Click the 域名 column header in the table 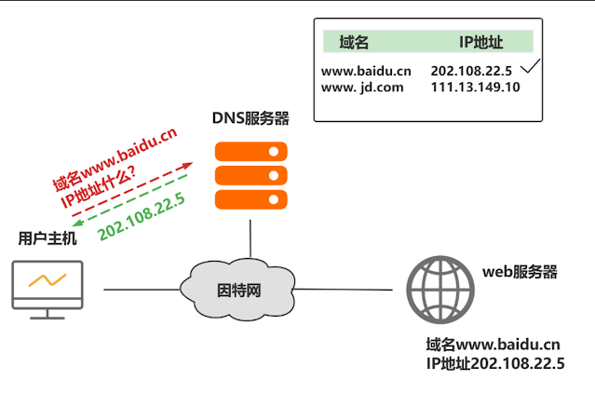(355, 42)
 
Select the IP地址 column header (480, 42)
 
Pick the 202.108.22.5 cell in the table (472, 71)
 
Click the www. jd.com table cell (362, 88)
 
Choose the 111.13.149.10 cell (476, 88)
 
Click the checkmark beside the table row (530, 67)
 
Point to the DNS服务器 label (250, 118)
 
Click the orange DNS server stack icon (250, 174)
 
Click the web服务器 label (520, 272)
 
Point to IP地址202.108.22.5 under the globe (494, 364)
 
